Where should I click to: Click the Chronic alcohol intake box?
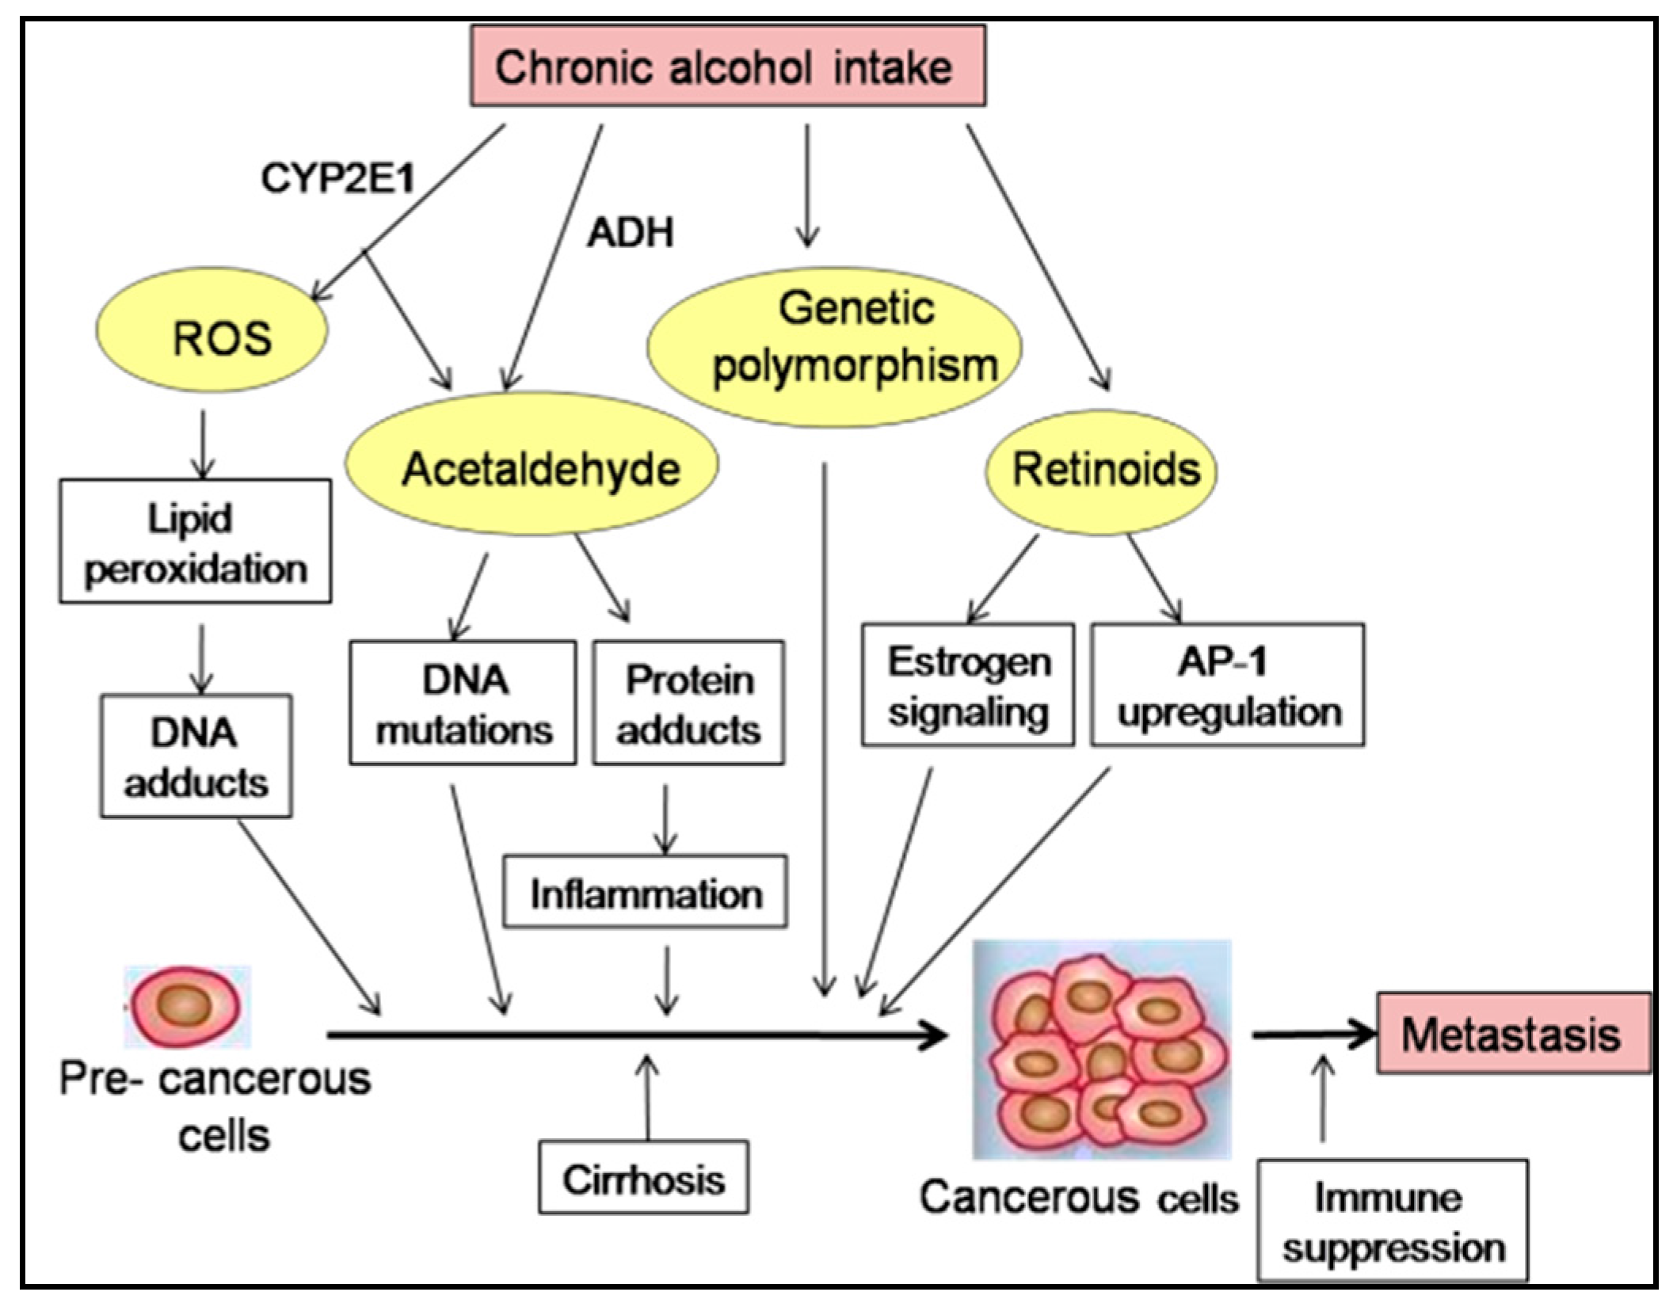coord(727,67)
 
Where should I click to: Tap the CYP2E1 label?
coord(338,177)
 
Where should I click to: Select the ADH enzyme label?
coord(631,233)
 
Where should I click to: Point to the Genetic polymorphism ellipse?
coord(834,347)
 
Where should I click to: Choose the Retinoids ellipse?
coord(1101,471)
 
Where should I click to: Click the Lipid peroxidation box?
coord(195,542)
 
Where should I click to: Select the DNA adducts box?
coord(196,756)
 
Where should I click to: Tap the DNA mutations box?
coord(463,703)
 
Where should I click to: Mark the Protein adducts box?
coord(688,703)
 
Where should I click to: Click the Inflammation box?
coord(646,892)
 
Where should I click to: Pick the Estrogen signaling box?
coord(968,685)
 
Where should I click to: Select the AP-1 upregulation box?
coord(1227,685)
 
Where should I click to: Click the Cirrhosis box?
coord(643,1178)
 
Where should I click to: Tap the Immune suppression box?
coord(1393,1221)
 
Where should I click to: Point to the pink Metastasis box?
coord(1513,1034)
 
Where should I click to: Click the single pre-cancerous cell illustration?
coord(186,1006)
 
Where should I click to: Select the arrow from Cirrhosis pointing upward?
coord(647,1097)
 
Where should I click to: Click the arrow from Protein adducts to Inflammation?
coord(665,820)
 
